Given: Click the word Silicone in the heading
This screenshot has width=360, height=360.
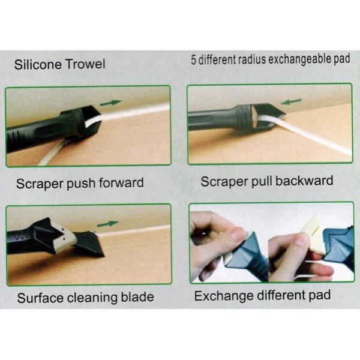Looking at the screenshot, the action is coord(38,64).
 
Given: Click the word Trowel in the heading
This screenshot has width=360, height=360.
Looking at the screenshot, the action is coord(85,64).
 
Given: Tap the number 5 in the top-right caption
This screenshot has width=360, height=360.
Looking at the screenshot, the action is coord(194,60).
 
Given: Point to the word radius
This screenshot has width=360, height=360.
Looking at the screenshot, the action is coord(252,59).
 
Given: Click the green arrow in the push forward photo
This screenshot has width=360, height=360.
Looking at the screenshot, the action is coord(110,103).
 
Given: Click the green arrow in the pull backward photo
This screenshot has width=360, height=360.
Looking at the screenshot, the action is coord(291,102).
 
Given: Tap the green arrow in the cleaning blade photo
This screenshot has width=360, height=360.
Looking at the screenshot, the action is coord(107,224).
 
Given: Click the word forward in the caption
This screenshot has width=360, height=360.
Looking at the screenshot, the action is coord(121,183).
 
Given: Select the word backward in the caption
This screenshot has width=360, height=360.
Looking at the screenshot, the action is coord(304,181).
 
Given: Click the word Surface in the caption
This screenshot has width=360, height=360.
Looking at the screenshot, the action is coord(41,298).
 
